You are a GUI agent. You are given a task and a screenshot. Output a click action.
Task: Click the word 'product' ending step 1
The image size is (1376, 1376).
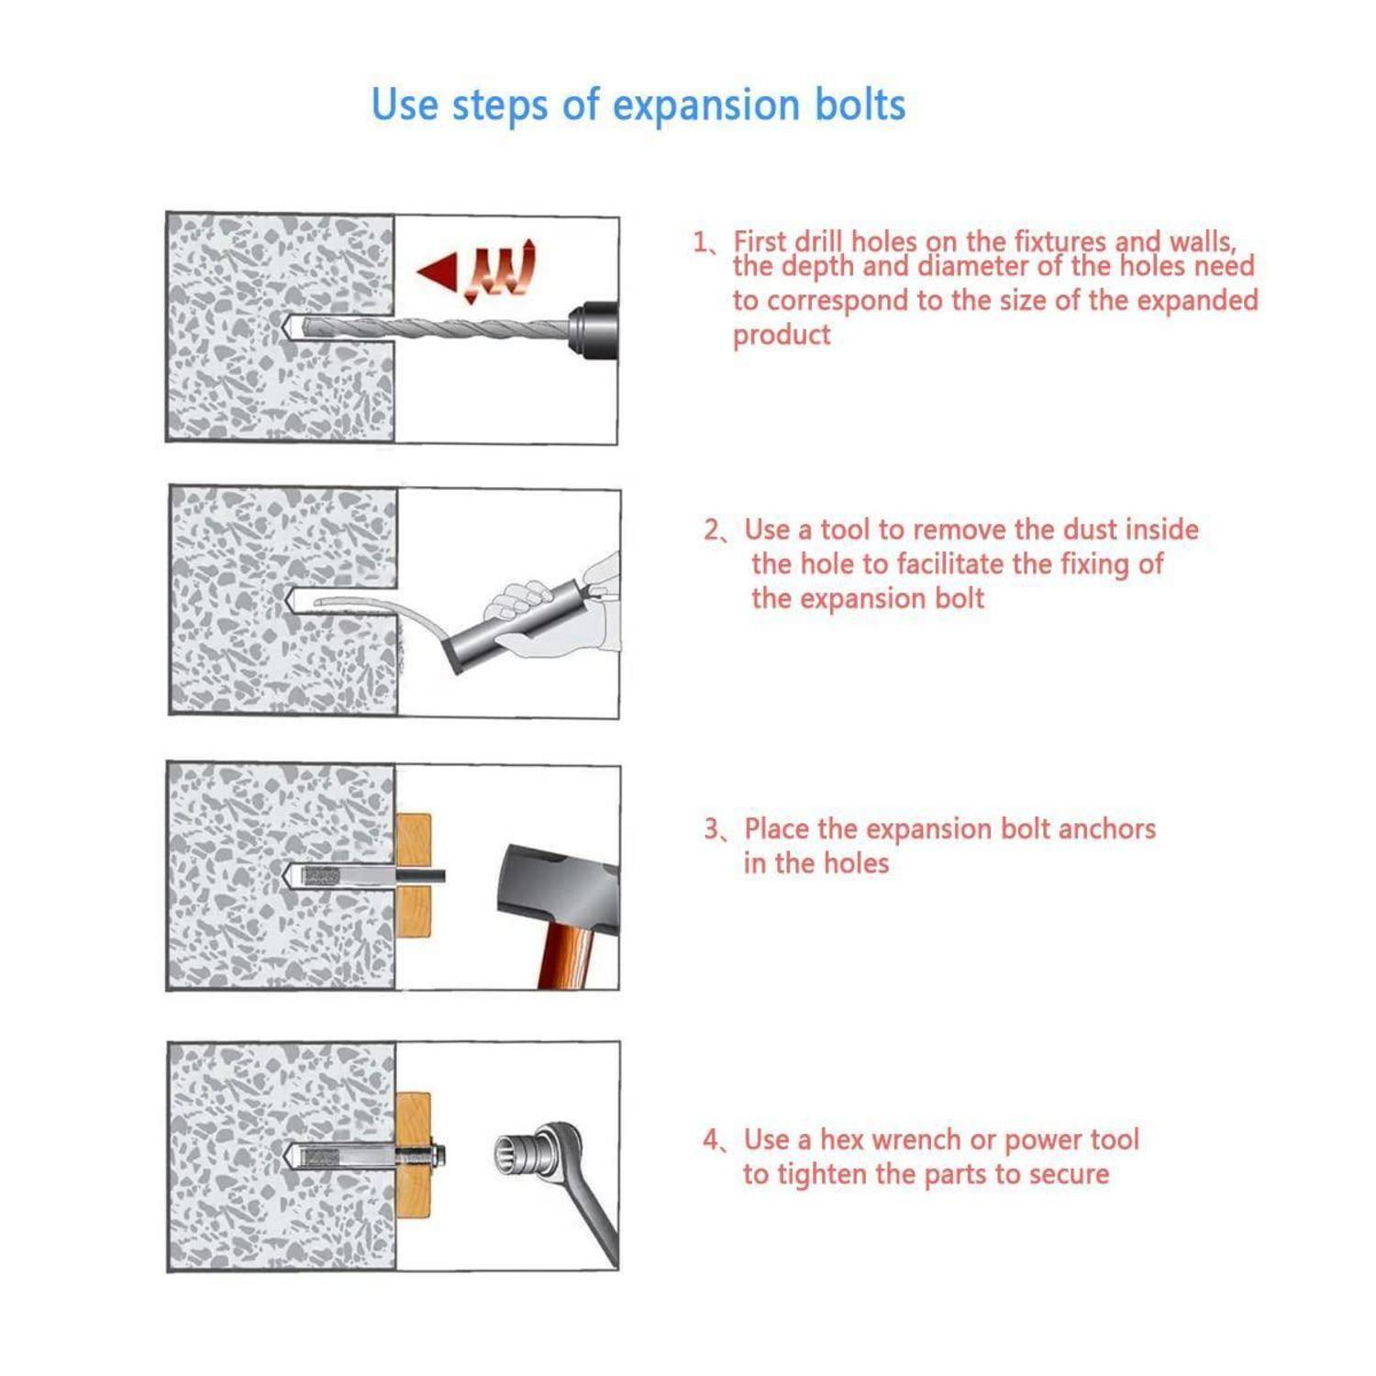pyautogui.click(x=782, y=336)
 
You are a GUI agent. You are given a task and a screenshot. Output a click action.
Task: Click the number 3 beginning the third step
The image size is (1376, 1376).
pyautogui.click(x=712, y=829)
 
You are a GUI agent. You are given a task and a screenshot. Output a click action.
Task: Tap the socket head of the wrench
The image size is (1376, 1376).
pyautogui.click(x=518, y=1151)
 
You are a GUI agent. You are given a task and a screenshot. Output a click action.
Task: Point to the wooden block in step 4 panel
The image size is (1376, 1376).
pyautogui.click(x=413, y=1154)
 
